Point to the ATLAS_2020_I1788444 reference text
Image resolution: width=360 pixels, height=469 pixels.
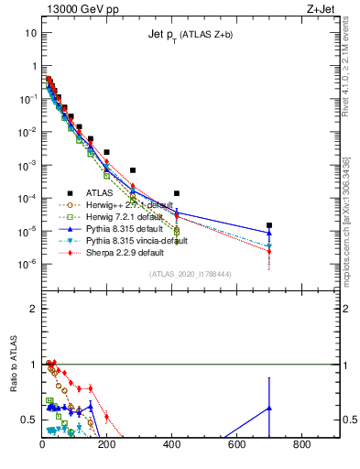pyautogui.click(x=191, y=274)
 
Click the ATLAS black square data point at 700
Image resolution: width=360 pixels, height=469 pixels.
pyautogui.click(x=269, y=225)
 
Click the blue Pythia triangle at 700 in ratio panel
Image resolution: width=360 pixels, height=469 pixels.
pyautogui.click(x=269, y=408)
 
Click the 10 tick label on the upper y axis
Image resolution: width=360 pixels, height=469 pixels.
pyautogui.click(x=30, y=32)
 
